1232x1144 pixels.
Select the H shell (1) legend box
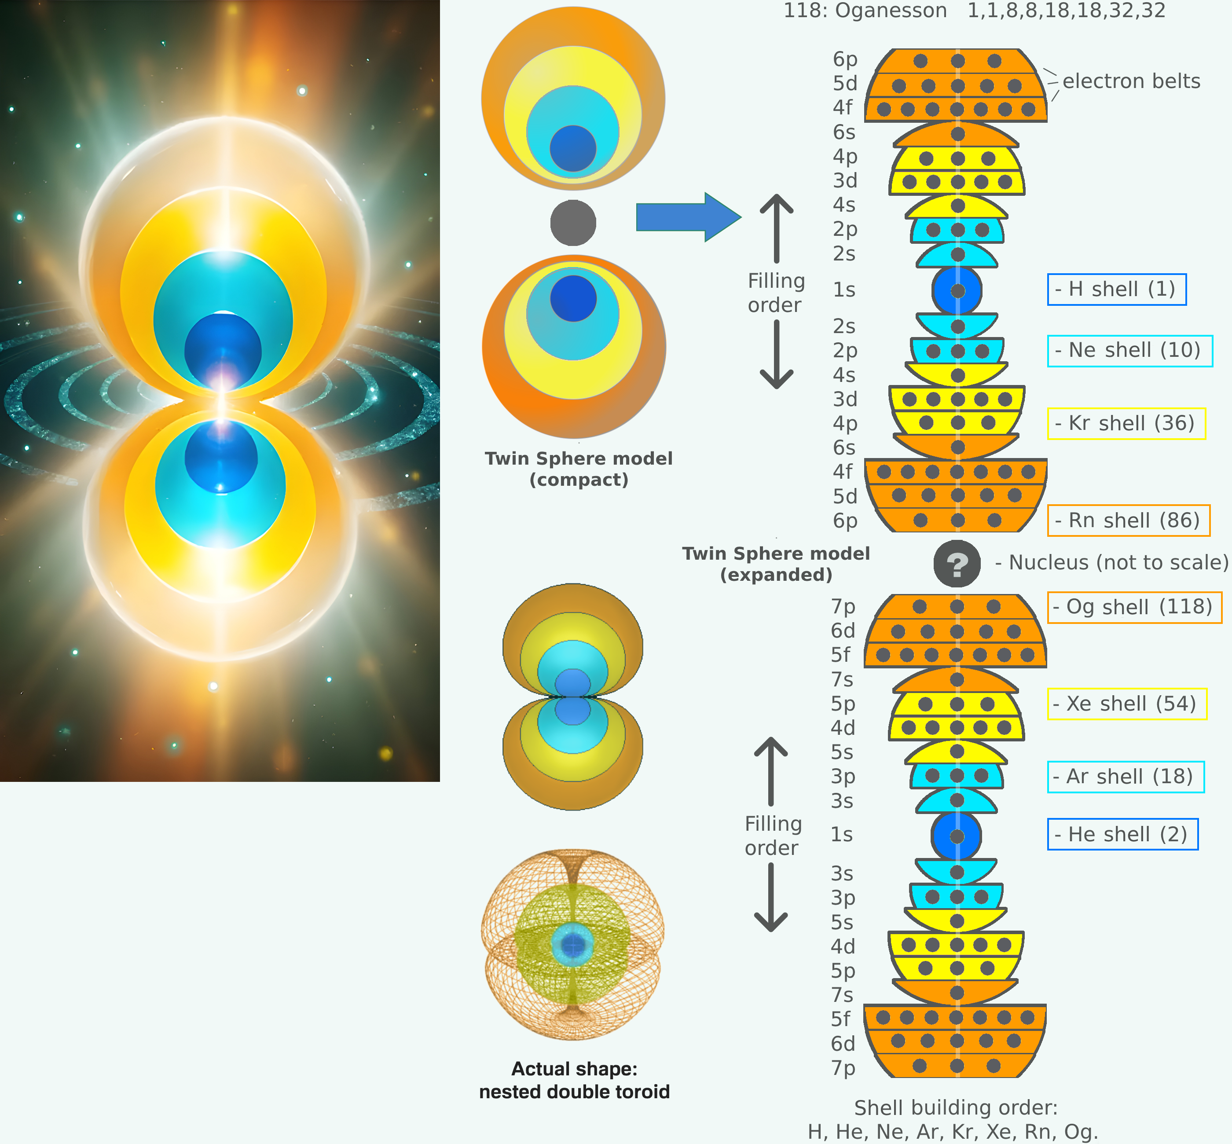1116,289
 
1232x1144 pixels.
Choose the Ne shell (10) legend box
1129,350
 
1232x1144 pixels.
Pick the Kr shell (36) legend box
1126,423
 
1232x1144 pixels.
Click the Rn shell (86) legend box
1128,521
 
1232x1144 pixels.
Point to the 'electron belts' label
1131,81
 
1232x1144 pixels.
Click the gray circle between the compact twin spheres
573,223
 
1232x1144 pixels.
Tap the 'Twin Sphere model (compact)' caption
578,469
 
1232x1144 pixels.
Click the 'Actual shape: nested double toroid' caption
574,1080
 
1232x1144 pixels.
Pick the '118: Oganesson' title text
865,11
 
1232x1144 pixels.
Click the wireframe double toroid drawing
573,944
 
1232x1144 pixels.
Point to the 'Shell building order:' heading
955,1107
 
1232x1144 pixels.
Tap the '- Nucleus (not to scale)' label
1111,563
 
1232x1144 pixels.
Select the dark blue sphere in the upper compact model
573,149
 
